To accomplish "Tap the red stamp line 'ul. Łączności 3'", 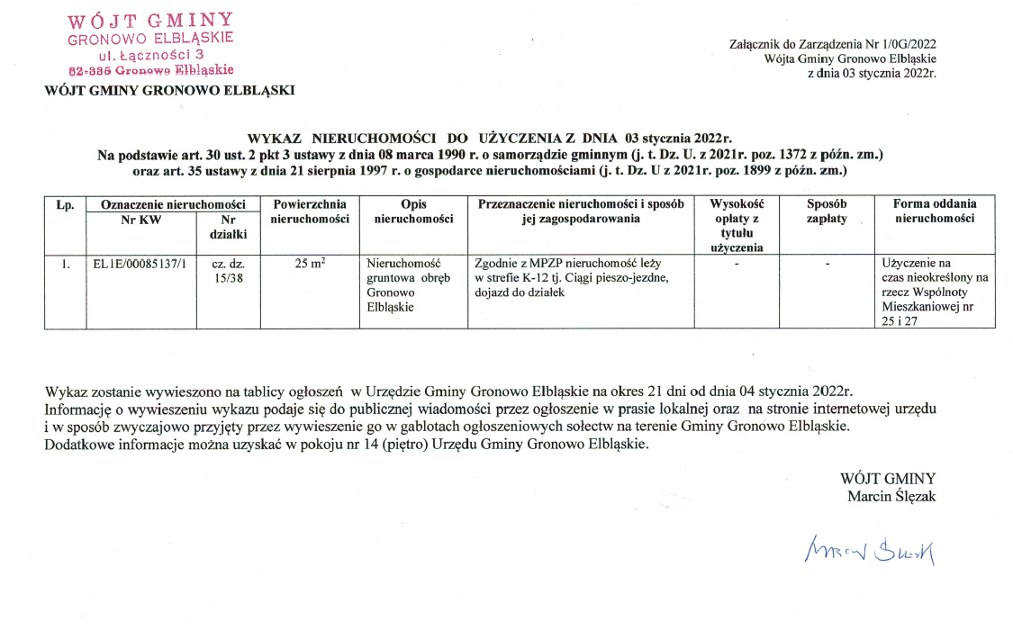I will click(x=150, y=54).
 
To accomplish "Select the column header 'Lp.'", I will click(x=65, y=204).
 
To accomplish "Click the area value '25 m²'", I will click(x=310, y=264).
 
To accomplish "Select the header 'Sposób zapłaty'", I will click(x=827, y=211).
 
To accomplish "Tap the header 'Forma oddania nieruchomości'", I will click(x=935, y=211).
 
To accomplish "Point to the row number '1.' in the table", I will click(x=66, y=264).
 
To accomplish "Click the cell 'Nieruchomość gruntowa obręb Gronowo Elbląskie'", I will click(x=402, y=285).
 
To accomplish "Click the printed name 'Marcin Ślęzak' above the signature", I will click(x=891, y=496).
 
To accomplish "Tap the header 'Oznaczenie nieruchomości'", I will click(x=173, y=204).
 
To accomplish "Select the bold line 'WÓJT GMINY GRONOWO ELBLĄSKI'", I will click(x=169, y=89).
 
